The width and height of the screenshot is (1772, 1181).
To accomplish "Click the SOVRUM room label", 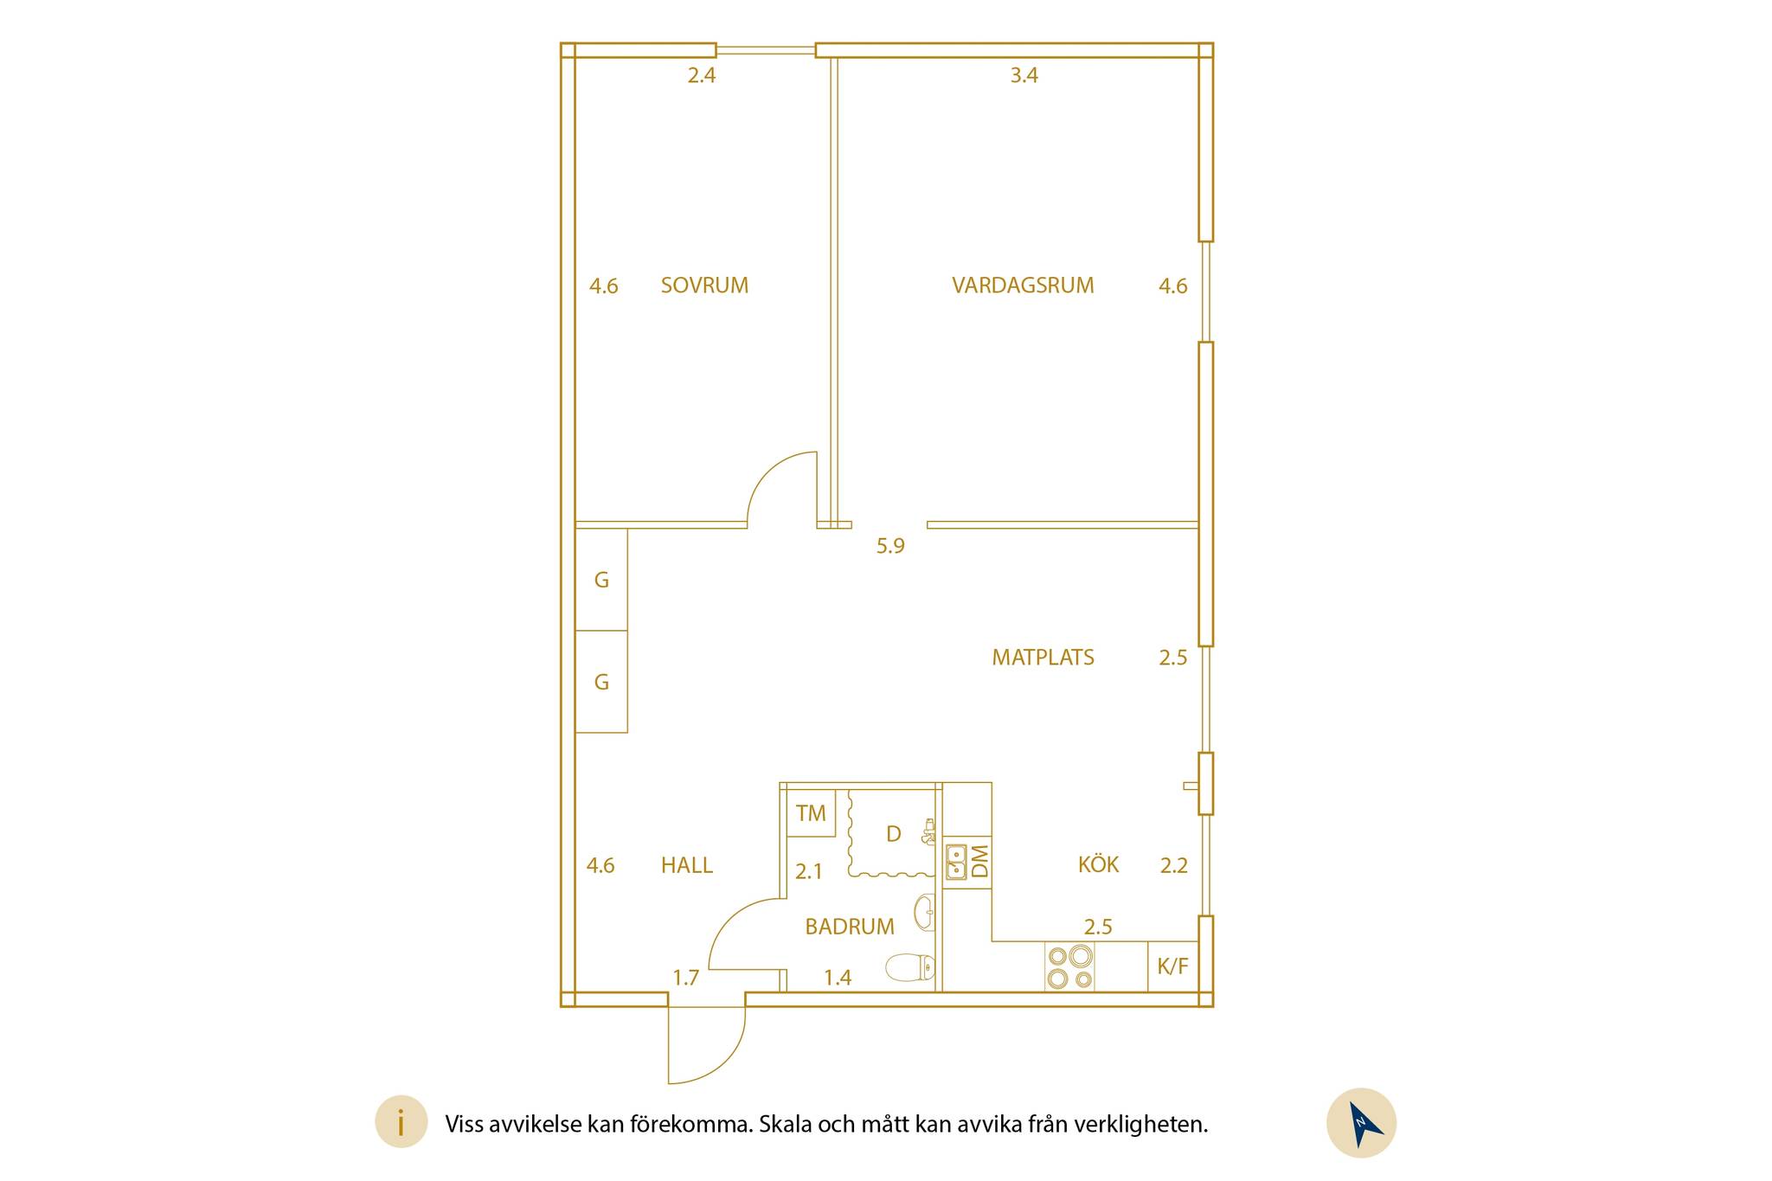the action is click(704, 286).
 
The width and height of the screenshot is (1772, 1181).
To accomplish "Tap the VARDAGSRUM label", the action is click(1023, 286).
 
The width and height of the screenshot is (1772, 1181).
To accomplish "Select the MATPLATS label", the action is click(1043, 658).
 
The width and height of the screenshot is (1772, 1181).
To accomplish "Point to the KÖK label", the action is click(1098, 863).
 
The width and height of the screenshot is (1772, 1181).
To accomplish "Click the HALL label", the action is click(687, 865).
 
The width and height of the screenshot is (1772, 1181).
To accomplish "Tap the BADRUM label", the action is click(850, 927).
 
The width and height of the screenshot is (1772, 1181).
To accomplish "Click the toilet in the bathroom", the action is click(910, 967).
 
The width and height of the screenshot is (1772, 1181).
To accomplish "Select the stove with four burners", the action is click(1069, 966).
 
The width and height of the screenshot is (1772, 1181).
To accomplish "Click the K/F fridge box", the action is click(1173, 966).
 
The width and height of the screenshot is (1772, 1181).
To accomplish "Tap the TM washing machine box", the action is click(811, 813).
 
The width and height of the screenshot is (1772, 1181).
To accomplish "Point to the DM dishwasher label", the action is click(980, 861).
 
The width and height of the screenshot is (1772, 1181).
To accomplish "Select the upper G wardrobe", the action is click(601, 580).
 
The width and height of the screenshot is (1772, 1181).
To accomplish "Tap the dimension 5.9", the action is click(890, 546).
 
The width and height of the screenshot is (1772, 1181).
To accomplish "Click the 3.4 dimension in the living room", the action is click(1024, 75).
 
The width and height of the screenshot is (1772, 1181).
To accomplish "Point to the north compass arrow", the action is click(1363, 1123).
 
